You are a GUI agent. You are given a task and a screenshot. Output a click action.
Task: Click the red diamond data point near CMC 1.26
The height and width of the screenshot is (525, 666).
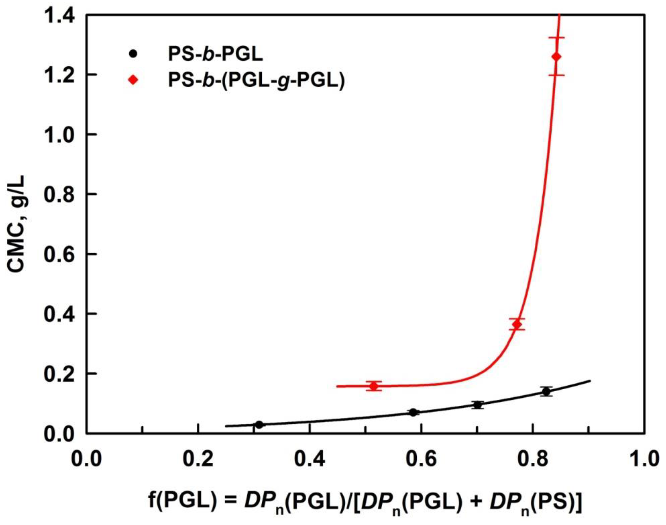[x=556, y=57]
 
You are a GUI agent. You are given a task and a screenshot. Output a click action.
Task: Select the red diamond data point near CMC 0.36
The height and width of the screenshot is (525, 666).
[x=517, y=324]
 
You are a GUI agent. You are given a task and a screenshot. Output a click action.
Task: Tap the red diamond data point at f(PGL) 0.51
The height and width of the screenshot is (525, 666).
[x=374, y=386]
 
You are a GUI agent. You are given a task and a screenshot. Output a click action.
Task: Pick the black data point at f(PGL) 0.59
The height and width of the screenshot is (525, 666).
[x=413, y=413]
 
